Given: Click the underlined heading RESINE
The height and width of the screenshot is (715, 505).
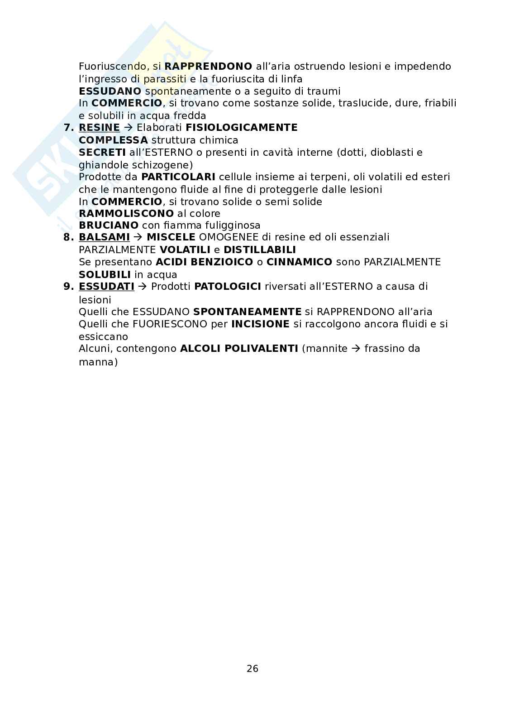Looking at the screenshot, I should tap(99, 128).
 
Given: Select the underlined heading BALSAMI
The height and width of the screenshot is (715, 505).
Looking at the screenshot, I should tap(104, 237).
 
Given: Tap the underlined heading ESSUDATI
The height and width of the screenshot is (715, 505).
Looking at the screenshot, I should tap(106, 287).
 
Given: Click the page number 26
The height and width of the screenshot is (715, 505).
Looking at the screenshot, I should tap(252, 668).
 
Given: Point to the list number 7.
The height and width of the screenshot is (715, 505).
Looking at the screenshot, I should tap(68, 128).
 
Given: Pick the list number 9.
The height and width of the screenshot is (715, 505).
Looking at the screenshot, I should tap(68, 287).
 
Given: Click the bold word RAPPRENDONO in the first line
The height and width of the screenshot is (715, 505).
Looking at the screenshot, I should tap(208, 67).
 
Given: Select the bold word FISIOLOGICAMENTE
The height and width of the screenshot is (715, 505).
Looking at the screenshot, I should tap(242, 128).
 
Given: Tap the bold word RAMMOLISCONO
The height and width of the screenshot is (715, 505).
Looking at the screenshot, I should tap(126, 213).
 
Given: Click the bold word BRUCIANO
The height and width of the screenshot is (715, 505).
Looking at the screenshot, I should tap(109, 226).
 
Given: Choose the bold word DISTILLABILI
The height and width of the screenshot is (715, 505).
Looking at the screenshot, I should tap(260, 250).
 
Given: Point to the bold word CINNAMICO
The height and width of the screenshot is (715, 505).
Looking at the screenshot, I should tap(299, 262).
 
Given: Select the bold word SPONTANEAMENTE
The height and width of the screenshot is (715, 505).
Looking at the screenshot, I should tap(247, 312).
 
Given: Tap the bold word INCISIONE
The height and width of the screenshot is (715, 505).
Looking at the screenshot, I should tap(260, 324).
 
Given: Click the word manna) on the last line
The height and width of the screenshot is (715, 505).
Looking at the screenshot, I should tap(98, 362).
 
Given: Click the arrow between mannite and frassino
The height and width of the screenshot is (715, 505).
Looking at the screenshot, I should tap(356, 349).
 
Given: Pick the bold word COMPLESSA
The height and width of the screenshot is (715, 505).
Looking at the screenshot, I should tap(113, 140).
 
